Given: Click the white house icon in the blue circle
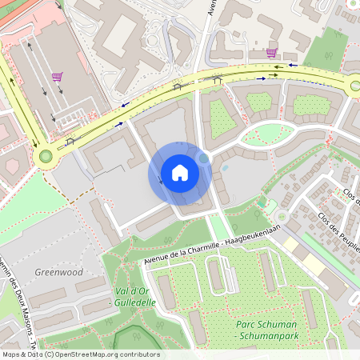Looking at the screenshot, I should (x=179, y=173).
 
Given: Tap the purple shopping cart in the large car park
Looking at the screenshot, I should (x=57, y=77).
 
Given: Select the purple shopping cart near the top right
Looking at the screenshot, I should (x=271, y=53).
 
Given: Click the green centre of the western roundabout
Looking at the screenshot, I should (x=46, y=157).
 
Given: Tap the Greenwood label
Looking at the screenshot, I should (x=58, y=272).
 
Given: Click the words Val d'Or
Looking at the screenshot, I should (x=132, y=294).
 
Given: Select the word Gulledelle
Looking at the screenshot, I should (x=135, y=305).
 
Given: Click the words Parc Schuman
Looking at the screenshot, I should (x=266, y=324).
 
